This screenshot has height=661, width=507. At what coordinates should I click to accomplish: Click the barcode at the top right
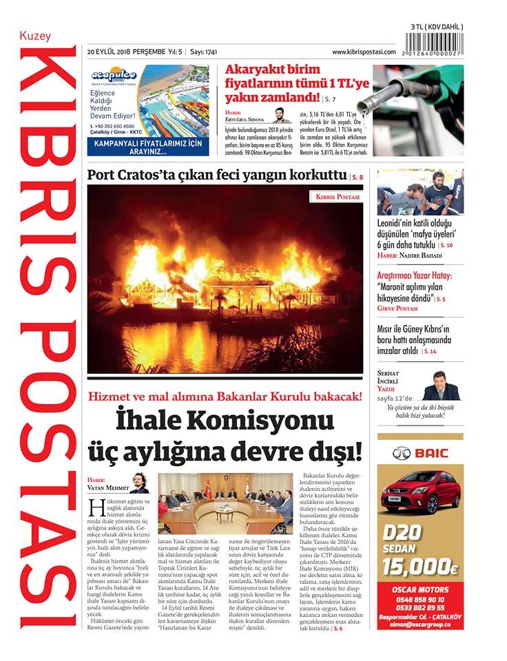point(436,40)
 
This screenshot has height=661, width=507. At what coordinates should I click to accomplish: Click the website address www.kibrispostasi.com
point(364,52)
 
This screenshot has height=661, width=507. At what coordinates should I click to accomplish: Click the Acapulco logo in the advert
point(114,75)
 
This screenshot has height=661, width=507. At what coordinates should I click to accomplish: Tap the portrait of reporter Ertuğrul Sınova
point(281,115)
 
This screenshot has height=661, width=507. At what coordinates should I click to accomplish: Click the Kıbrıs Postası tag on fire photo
point(338,197)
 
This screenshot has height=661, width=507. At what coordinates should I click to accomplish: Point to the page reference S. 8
point(357,177)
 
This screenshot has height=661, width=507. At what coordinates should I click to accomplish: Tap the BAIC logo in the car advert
point(420,453)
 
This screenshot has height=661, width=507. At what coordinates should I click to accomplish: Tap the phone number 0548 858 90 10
point(420,599)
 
